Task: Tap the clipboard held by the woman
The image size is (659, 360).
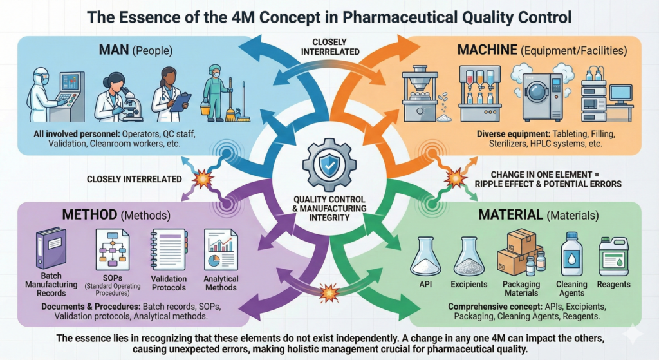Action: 181,101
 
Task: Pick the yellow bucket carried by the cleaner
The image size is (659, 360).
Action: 205,109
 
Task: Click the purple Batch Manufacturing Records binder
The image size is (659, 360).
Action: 50,245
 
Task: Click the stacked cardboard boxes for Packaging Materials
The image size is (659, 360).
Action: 518,251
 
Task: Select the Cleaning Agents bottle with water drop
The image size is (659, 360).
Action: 571,255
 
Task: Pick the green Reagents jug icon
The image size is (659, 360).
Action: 613,256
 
